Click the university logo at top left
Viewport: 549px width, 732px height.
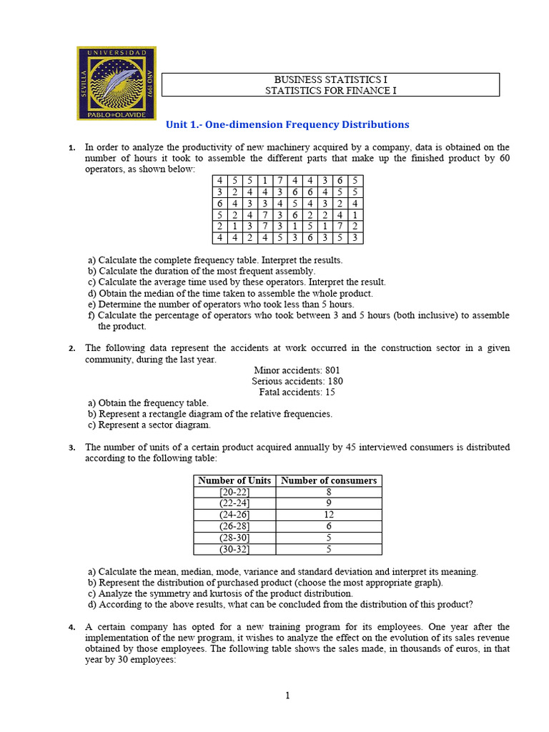click(116, 83)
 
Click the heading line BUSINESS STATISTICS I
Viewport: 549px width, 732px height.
click(330, 79)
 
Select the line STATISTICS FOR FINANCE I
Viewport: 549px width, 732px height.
click(330, 90)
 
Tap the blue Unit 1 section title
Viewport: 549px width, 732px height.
click(287, 124)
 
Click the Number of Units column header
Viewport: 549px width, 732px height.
click(234, 480)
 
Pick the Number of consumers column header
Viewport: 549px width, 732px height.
click(329, 480)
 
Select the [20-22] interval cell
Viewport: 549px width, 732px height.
click(234, 492)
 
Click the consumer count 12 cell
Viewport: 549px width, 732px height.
click(329, 515)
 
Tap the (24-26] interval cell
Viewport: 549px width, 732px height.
click(234, 515)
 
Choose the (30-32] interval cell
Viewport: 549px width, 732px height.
click(234, 549)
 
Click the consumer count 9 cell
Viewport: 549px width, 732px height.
click(329, 503)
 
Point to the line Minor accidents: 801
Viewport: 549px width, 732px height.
click(297, 370)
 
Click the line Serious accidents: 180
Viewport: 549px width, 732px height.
click(297, 381)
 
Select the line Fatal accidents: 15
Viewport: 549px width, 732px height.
click(297, 392)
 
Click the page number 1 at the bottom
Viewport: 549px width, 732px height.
click(287, 696)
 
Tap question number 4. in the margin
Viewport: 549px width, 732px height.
click(71, 628)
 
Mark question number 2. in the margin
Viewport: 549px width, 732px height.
click(71, 349)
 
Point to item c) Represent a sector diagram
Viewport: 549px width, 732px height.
click(149, 425)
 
